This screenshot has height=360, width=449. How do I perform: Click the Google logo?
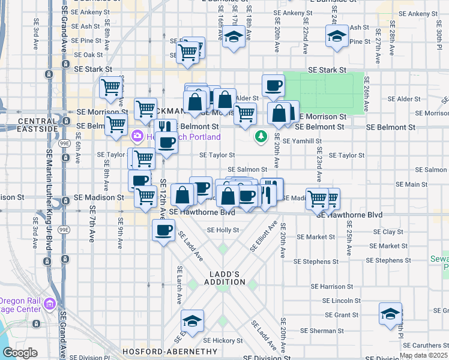(20, 353)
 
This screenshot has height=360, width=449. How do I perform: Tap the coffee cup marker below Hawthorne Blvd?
(163, 231)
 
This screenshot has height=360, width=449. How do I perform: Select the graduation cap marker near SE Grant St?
(390, 314)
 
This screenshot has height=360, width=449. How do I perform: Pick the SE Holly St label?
(223, 230)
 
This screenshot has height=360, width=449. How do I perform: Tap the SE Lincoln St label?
(342, 300)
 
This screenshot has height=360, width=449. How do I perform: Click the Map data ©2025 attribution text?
(423, 355)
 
